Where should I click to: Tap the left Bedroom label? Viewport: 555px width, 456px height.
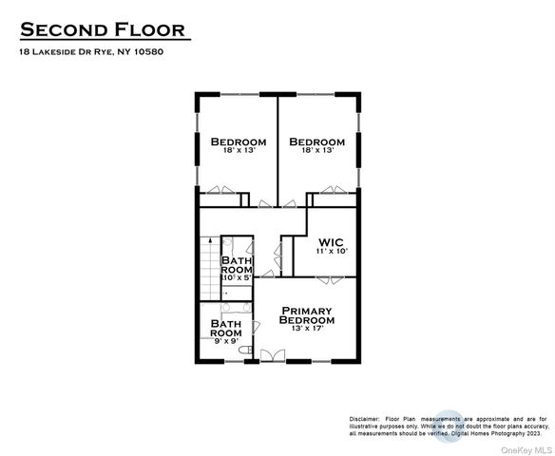coord(237,142)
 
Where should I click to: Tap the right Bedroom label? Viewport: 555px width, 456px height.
coord(316,142)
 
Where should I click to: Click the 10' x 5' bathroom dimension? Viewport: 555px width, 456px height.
coord(237,277)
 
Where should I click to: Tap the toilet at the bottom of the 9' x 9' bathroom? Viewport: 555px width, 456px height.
coord(245,352)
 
